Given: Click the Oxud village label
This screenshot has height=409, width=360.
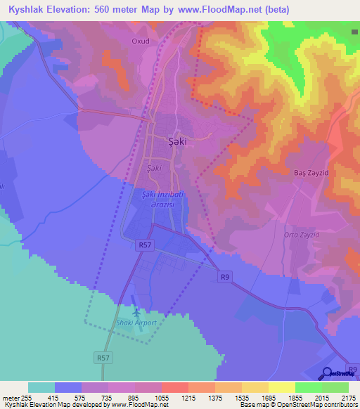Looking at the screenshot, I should (141, 41).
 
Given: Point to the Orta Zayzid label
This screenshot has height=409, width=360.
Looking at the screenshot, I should (302, 234).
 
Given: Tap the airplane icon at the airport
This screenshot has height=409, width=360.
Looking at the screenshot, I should (135, 312).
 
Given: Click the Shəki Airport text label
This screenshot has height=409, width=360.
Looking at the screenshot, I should (136, 323).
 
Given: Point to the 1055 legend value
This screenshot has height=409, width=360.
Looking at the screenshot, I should (161, 397).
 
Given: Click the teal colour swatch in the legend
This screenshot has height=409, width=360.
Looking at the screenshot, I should (41, 387).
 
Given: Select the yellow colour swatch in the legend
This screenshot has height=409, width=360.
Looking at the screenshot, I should (282, 387).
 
